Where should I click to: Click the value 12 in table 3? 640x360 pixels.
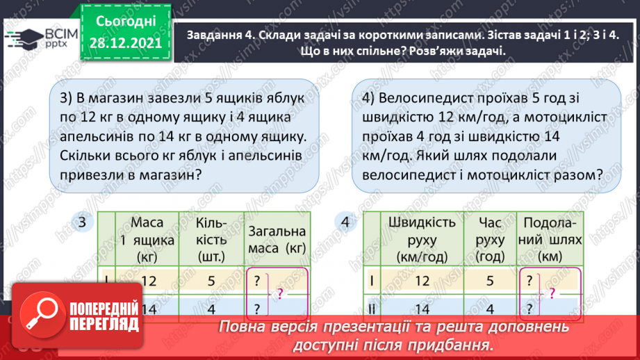(148, 280)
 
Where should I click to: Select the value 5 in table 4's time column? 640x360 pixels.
(490, 281)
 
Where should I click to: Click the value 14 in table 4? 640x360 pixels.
(422, 309)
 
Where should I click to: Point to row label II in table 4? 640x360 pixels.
(372, 309)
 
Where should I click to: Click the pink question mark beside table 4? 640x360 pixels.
(552, 294)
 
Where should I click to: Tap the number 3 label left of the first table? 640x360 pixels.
(83, 222)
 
